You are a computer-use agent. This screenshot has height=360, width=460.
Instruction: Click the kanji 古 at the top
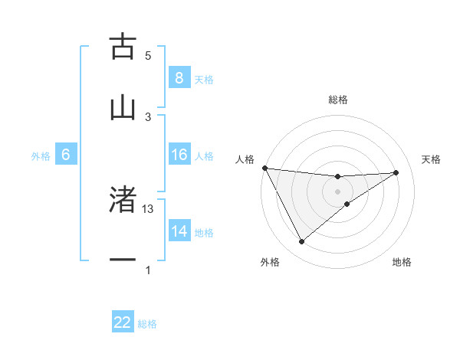click(123, 47)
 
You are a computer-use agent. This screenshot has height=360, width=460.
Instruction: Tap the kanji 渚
click(123, 200)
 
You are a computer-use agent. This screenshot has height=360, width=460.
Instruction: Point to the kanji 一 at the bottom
click(123, 261)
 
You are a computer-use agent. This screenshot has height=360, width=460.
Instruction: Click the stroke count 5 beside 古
click(148, 56)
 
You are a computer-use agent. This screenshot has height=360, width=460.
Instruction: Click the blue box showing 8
click(179, 78)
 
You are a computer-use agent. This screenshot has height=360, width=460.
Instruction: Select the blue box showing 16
click(179, 155)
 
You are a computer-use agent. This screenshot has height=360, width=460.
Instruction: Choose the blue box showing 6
click(66, 155)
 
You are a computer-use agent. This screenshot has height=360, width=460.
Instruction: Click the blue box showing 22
click(123, 323)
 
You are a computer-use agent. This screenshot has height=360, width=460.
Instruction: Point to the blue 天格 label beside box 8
click(204, 79)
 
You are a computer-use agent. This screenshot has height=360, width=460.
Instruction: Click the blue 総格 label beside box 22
click(147, 324)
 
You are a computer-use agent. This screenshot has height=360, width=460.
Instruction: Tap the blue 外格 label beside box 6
click(41, 156)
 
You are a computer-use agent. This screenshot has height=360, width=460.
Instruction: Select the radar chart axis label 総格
click(337, 100)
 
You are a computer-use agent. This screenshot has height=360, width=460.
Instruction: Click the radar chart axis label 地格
click(402, 262)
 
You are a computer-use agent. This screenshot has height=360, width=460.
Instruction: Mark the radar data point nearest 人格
click(264, 168)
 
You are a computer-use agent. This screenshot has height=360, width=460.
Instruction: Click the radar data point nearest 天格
click(396, 172)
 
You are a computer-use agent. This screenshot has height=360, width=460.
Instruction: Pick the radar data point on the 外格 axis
click(301, 241)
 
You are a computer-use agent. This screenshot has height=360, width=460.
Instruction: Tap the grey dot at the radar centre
click(337, 191)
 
